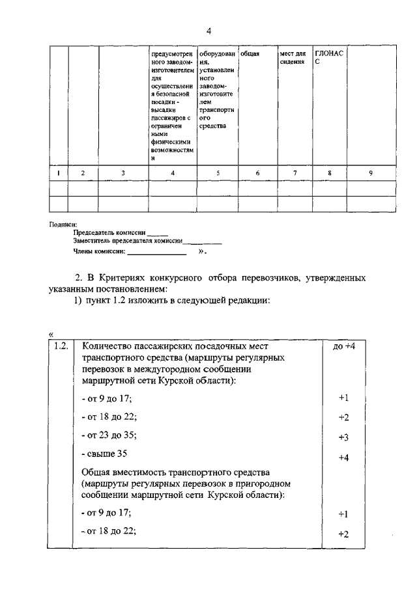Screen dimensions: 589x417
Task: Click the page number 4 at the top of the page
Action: tap(208, 31)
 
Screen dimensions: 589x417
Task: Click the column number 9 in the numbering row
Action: tap(370, 172)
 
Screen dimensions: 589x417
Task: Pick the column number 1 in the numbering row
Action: tap(59, 172)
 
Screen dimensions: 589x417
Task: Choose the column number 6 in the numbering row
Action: tap(257, 172)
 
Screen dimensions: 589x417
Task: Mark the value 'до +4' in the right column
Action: tap(343, 346)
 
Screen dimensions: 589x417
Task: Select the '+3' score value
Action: tap(344, 437)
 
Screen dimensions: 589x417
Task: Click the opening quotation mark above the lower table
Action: tap(51, 334)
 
